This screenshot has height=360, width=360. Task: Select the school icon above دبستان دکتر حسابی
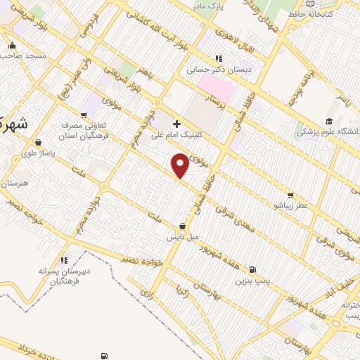coord(219,59)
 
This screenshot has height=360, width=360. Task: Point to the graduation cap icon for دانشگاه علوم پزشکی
coord(328,122)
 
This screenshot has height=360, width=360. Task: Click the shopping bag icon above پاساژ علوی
coord(46,141)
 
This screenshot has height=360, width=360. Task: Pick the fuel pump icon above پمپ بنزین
coord(252,269)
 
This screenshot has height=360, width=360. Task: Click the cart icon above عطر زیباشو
coord(290,196)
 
